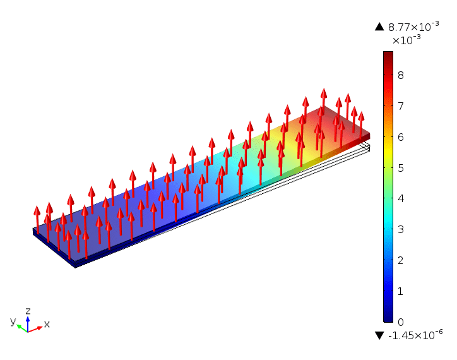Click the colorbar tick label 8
tap(400, 75)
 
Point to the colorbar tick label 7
tap(400, 106)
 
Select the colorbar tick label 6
tap(400, 137)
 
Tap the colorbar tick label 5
tap(400, 168)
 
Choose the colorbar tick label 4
tap(400, 199)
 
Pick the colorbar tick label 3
tap(400, 230)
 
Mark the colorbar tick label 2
tap(400, 261)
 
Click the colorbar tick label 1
tap(400, 292)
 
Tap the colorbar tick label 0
tap(400, 322)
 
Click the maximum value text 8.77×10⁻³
tap(413, 27)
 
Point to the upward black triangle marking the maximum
tap(379, 27)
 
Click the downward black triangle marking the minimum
tap(379, 335)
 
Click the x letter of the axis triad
tap(47, 324)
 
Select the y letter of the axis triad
tap(13, 321)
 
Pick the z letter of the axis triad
tap(28, 311)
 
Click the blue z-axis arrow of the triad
tap(28, 322)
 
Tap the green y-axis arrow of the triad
tap(21, 327)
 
